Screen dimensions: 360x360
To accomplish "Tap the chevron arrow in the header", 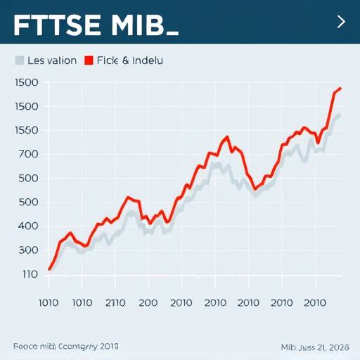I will pyautogui.click(x=341, y=22).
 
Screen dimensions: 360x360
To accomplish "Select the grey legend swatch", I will pyautogui.click(x=19, y=61).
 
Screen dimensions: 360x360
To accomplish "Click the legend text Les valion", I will pyautogui.click(x=51, y=61).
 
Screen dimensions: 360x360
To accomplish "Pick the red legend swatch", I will pyautogui.click(x=89, y=61).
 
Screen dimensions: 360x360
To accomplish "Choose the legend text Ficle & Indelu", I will pyautogui.click(x=131, y=61).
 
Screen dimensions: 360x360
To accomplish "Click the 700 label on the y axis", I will pyautogui.click(x=27, y=155).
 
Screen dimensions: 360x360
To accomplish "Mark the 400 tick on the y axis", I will pyautogui.click(x=27, y=226).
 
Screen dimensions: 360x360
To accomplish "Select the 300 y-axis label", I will pyautogui.click(x=27, y=250).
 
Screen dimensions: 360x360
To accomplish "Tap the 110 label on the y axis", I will pyautogui.click(x=27, y=274).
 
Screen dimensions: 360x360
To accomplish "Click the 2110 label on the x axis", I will pyautogui.click(x=114, y=303).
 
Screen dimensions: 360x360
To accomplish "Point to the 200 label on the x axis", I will pyautogui.click(x=148, y=303).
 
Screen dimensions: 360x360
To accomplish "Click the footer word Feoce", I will pyautogui.click(x=25, y=347).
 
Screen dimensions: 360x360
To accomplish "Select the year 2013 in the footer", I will pyautogui.click(x=109, y=347).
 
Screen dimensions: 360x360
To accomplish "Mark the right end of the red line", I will pyautogui.click(x=340, y=88).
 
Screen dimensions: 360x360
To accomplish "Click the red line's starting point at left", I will pyautogui.click(x=49, y=269).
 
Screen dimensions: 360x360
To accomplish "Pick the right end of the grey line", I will pyautogui.click(x=340, y=115).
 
